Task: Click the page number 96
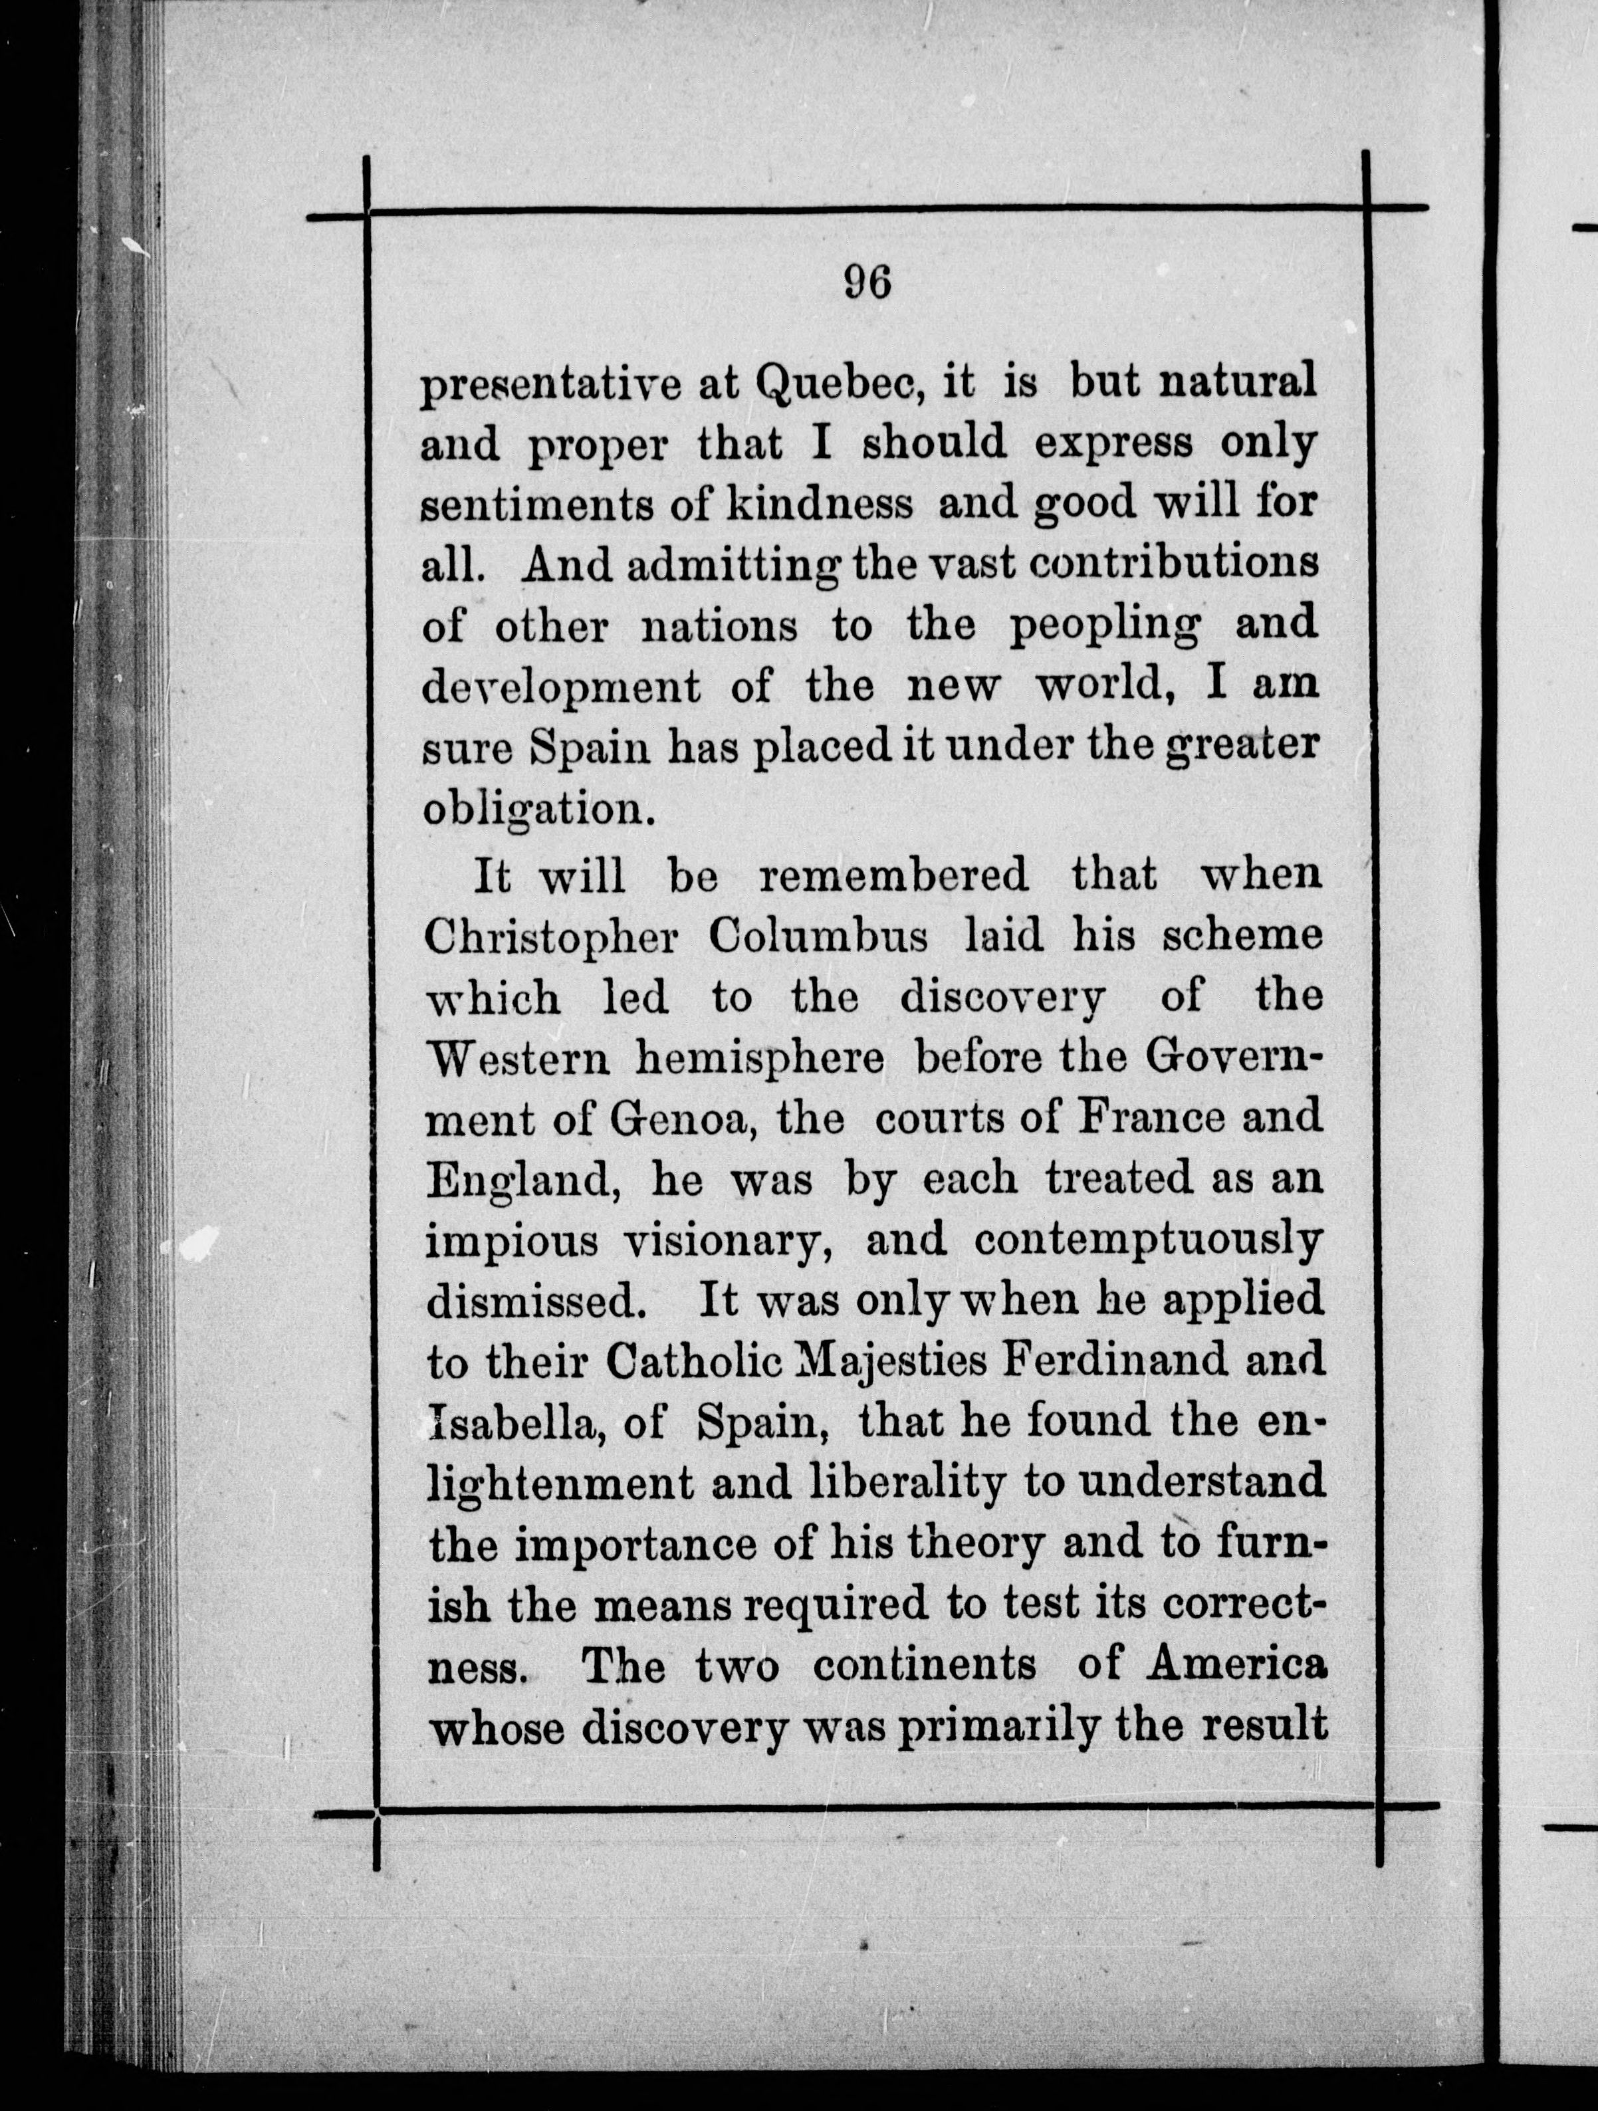pyautogui.click(x=867, y=282)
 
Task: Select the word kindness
pyautogui.click(x=818, y=504)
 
